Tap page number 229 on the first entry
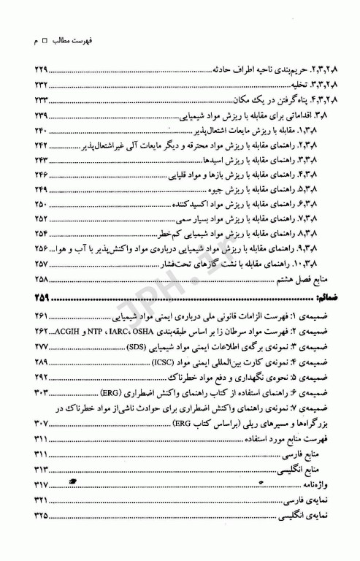[x=37, y=90]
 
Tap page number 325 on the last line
[x=37, y=521]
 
